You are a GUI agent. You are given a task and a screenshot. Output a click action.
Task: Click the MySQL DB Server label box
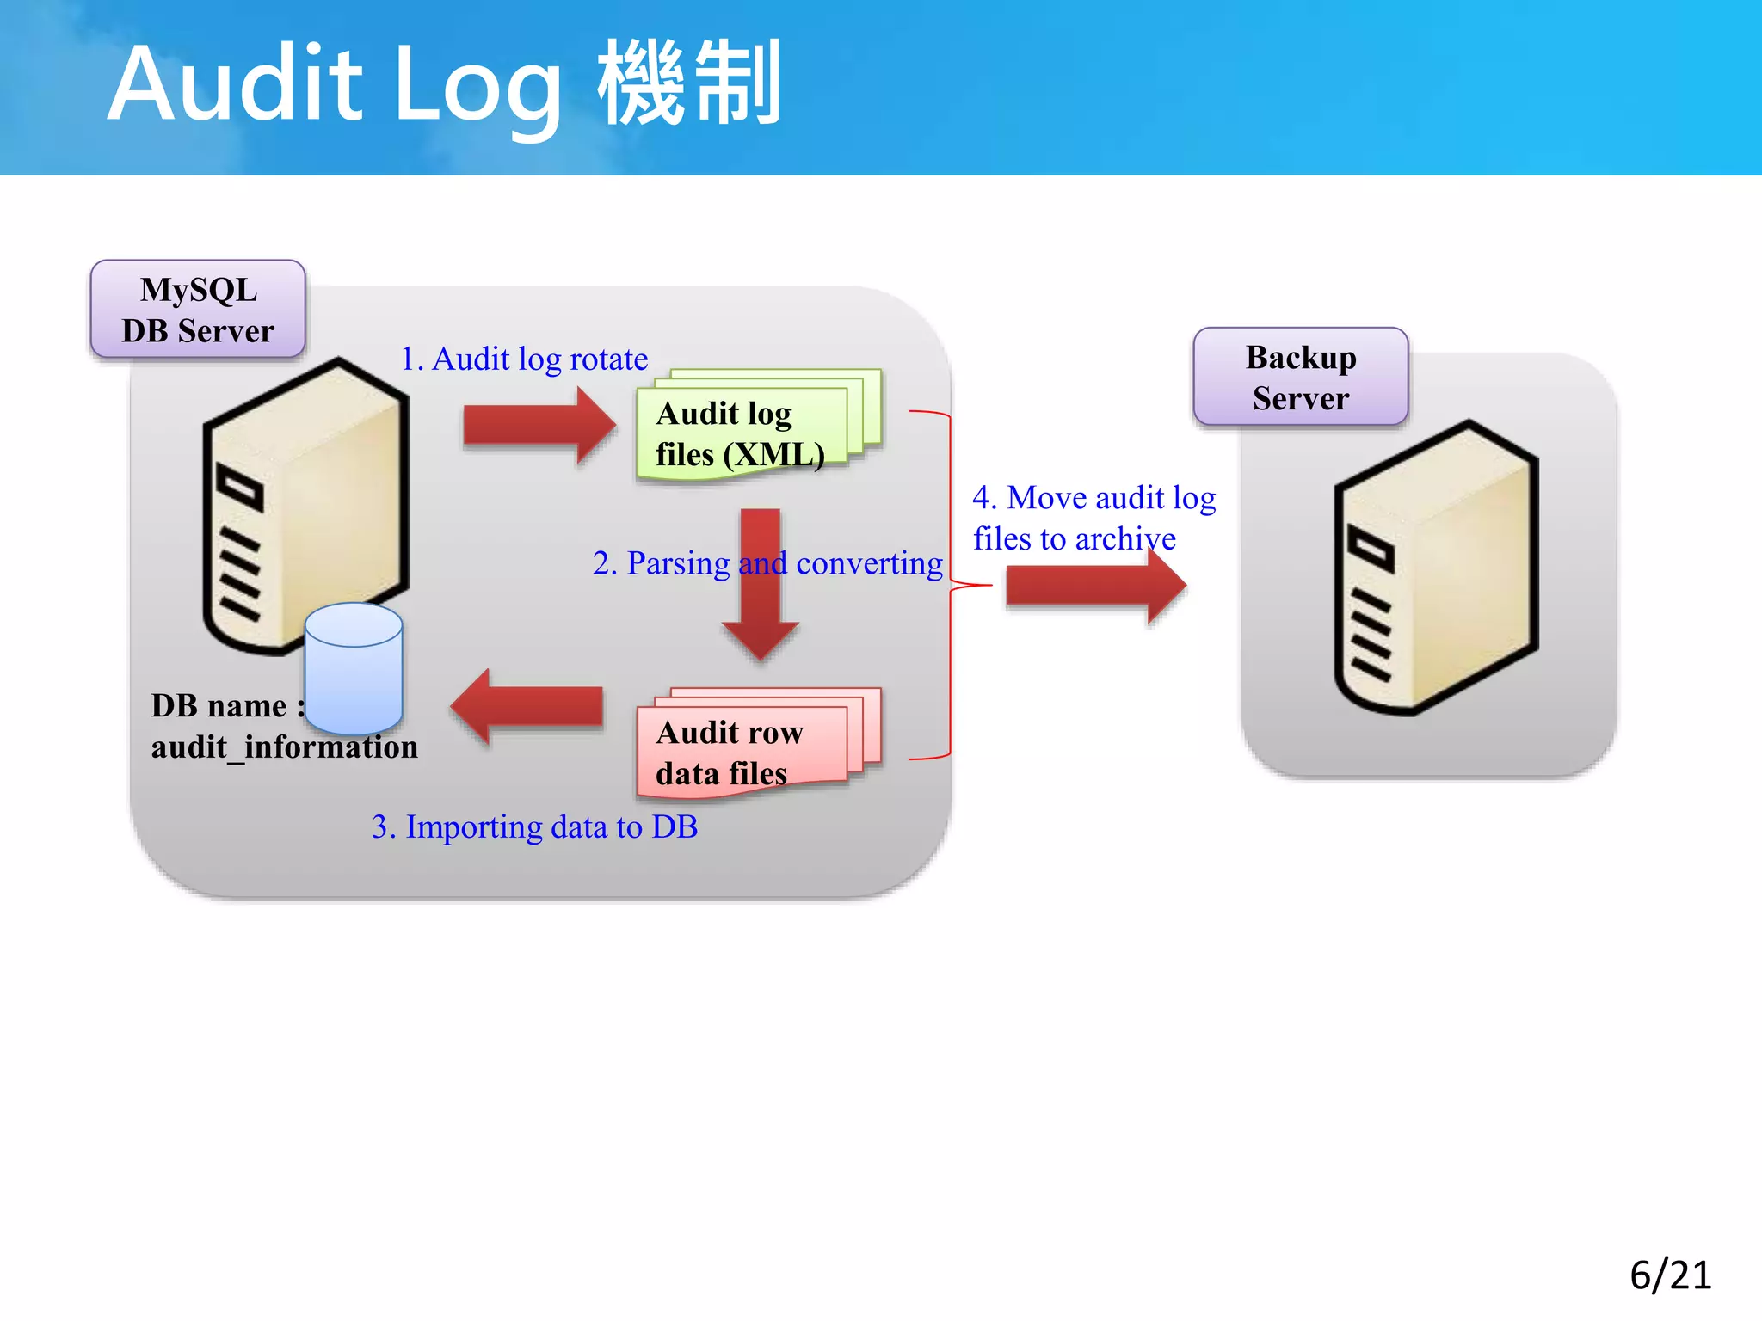(198, 310)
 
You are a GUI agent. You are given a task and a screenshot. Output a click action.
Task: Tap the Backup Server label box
(1300, 377)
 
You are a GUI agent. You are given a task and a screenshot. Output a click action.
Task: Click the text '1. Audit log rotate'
(524, 359)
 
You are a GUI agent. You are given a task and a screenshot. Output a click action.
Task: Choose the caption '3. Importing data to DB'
(534, 826)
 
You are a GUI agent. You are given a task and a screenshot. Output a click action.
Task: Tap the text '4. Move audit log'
(1094, 498)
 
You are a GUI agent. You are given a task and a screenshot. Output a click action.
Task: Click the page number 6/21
(1670, 1275)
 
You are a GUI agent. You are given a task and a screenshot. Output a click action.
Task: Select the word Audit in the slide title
(235, 84)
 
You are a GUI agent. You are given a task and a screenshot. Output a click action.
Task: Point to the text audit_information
(284, 747)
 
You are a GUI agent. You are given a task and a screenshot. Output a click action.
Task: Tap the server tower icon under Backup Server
(1435, 568)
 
